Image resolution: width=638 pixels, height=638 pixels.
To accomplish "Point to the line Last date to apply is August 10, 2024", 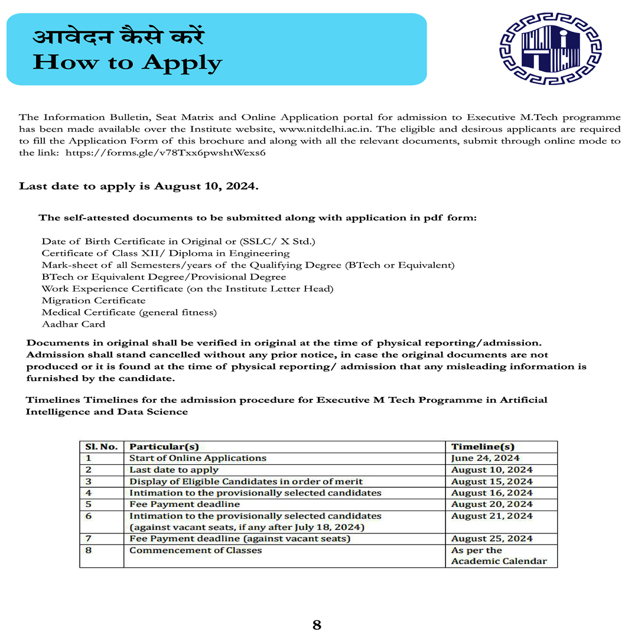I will pos(139,186).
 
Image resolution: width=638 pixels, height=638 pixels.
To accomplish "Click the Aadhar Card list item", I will pos(73,324).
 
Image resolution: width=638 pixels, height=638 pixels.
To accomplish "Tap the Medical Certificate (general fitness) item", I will pos(129,313).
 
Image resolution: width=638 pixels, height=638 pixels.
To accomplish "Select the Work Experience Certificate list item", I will pos(187,289).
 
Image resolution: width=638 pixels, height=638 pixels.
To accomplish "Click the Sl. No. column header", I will pos(102,447).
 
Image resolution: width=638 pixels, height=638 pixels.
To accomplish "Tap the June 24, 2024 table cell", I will pos(485,458).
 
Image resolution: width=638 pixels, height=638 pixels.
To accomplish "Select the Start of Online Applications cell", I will pos(198,458).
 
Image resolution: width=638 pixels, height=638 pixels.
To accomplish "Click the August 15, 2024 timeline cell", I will pos(491,481).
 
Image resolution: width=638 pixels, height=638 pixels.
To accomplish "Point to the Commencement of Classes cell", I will pos(196,551).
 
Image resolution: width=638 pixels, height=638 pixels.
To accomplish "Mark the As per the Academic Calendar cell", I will pos(499,556).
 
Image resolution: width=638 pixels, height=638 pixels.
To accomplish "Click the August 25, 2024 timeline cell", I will pos(491,539).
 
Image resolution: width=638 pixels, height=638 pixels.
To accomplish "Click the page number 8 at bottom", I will pos(317,625).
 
